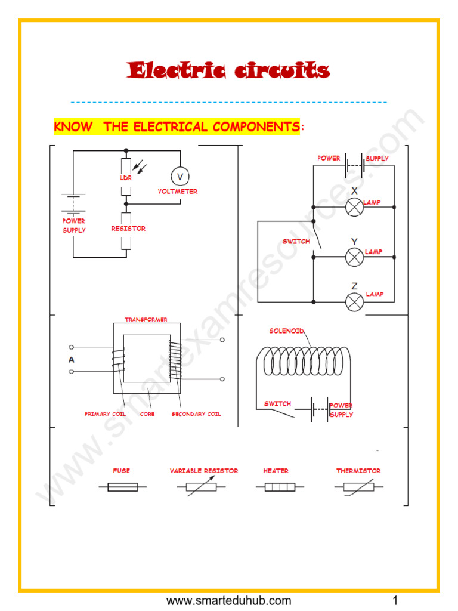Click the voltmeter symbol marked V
(x=180, y=176)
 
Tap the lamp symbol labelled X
(x=355, y=207)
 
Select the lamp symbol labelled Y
(x=355, y=257)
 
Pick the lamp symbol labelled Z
(x=355, y=302)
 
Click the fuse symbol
(x=122, y=487)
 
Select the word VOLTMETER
(x=178, y=192)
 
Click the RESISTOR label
(x=128, y=229)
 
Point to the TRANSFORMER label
(x=146, y=320)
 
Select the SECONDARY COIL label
(x=196, y=413)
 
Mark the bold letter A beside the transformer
(x=72, y=360)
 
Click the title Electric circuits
(x=228, y=70)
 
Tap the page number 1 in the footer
(x=395, y=600)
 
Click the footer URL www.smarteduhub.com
(x=229, y=600)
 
